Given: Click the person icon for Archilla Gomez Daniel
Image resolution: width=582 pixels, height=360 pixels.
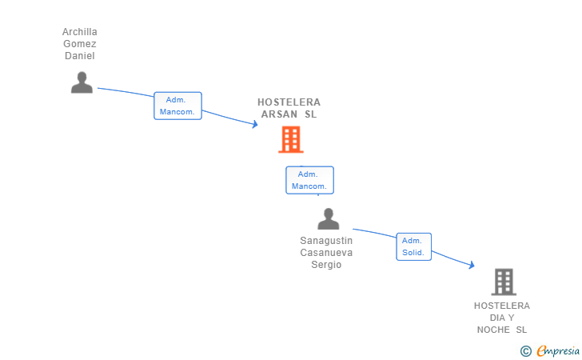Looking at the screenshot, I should click(82, 82).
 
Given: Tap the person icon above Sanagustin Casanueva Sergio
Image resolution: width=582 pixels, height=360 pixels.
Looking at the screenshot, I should click(328, 218).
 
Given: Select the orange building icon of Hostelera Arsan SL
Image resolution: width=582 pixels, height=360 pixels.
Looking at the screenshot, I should click(290, 139).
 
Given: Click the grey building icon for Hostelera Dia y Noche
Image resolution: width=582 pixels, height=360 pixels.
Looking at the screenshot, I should click(504, 282).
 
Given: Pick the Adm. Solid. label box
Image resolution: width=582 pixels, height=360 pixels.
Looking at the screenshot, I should click(413, 246).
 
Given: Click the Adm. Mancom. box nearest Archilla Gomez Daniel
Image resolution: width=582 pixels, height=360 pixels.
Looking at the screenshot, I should click(177, 106).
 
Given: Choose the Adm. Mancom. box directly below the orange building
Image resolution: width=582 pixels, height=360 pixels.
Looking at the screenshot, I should click(309, 180).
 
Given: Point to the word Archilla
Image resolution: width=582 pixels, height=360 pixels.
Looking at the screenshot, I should click(80, 32).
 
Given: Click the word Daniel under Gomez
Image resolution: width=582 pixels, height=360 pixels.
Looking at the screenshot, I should click(80, 56).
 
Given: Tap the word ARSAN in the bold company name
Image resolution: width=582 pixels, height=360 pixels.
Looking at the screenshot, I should click(280, 114).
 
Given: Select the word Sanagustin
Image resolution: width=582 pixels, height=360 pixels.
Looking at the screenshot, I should click(326, 241).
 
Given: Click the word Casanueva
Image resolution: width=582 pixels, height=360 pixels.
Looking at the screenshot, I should click(326, 253).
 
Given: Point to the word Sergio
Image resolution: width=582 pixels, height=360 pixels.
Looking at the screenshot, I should click(326, 265).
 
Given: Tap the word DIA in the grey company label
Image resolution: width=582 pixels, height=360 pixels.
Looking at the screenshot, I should click(496, 318).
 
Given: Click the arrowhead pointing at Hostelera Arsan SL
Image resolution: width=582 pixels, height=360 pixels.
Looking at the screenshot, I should click(255, 124).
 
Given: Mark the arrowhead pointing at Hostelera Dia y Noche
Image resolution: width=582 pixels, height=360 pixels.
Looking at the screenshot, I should click(472, 265).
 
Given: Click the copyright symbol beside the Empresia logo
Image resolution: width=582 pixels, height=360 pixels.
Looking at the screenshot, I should click(525, 350).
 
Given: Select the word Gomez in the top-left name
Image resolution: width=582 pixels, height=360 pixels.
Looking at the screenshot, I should click(80, 44).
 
